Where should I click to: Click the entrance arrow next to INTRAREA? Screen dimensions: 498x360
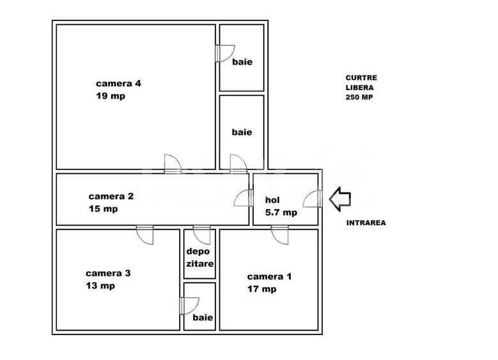point(340,200)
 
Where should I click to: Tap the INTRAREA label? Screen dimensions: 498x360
point(366,223)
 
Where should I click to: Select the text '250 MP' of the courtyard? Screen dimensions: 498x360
point(359,97)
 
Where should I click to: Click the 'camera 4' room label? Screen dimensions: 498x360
point(118,84)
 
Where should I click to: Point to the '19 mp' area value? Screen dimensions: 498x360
point(111,96)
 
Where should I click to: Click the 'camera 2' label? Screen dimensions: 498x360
point(111,196)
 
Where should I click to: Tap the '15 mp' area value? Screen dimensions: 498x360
point(103,208)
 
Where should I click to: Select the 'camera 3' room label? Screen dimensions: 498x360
point(108,273)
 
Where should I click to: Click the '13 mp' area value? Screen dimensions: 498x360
point(100,286)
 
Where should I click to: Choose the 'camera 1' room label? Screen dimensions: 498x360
point(269,276)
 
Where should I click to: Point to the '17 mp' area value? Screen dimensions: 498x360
point(261,289)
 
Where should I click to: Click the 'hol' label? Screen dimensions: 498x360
point(272,200)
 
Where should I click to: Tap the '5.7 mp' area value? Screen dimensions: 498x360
point(281,212)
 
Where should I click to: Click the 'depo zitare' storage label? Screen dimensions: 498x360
point(199,257)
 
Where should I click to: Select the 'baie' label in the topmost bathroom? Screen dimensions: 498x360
point(242,61)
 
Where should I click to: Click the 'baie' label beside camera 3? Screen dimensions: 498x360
point(203,317)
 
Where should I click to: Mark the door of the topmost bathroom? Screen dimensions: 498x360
point(225,53)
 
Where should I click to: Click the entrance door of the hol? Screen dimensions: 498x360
point(313,199)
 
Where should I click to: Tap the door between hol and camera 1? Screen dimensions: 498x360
point(280,235)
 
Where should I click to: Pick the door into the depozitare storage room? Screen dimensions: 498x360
point(201,235)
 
